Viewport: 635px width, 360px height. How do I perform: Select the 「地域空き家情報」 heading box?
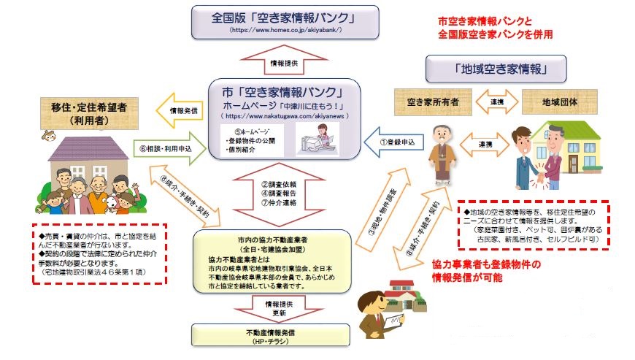tap(496, 70)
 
